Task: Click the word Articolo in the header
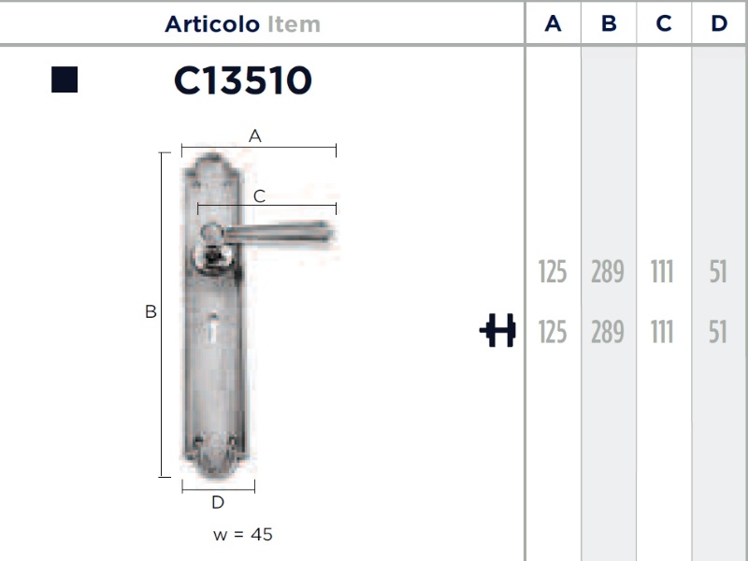click(212, 24)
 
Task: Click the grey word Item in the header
click(294, 24)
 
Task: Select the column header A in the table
click(553, 23)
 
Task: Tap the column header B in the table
click(609, 23)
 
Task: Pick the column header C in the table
click(664, 23)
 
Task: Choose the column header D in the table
click(719, 23)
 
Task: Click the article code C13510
click(243, 80)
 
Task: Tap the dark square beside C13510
click(65, 79)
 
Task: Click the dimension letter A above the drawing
click(254, 136)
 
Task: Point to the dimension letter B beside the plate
click(151, 311)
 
